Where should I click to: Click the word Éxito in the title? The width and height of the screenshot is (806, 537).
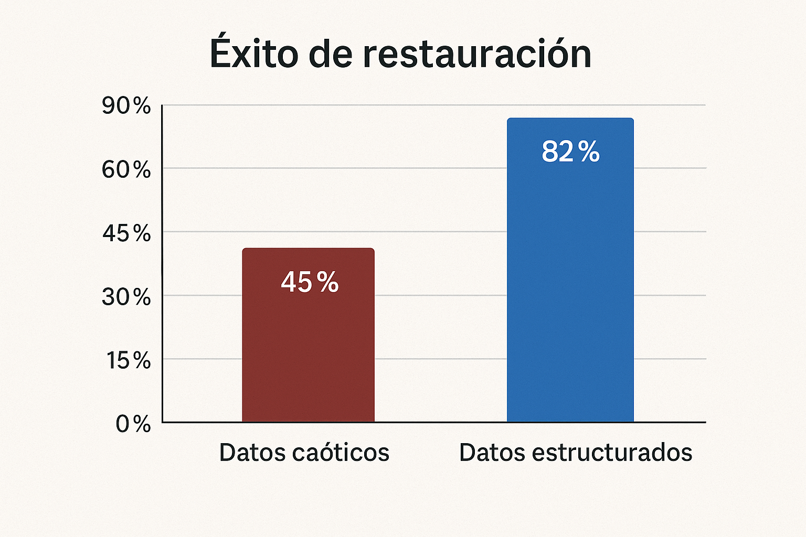253,53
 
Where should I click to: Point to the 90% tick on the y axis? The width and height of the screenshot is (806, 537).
126,106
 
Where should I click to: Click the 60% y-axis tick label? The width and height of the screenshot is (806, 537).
126,170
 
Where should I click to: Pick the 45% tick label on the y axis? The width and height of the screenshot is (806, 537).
126,233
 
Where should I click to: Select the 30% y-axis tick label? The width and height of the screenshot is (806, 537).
126,297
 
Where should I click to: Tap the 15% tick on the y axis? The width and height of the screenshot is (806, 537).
129,361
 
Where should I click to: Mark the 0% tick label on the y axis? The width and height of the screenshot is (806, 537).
133,424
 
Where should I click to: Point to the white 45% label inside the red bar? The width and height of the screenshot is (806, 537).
310,282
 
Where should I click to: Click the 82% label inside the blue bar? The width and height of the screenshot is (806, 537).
570,152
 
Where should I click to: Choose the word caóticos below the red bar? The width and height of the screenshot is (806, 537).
341,452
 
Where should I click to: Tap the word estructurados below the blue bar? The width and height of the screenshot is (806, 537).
612,452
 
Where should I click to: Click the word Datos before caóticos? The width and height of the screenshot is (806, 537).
253,452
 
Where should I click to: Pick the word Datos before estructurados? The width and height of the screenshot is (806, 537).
493,452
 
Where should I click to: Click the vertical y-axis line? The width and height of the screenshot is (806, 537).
162,262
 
